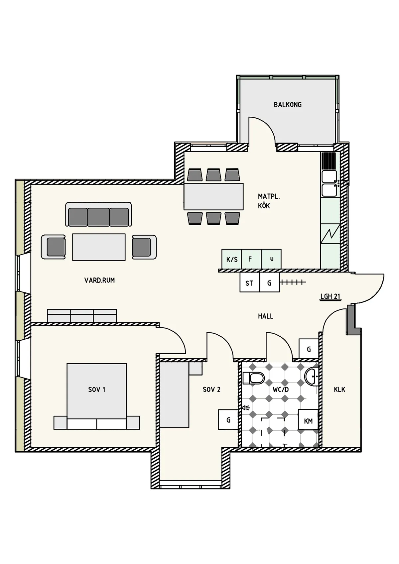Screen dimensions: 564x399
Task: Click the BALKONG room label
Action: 288,105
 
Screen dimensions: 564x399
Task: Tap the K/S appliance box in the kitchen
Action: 232,259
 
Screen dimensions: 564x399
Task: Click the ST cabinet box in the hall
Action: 249,283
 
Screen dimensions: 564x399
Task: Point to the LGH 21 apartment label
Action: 330,296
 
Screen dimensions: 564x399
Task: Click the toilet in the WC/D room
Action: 253,378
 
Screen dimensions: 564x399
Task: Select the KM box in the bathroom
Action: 308,421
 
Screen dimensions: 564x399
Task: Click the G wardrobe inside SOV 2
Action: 228,420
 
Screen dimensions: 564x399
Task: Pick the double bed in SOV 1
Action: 96,395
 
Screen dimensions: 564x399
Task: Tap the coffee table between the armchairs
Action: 99,247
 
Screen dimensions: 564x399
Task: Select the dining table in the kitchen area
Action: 213,196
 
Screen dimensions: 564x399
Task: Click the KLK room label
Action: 339,390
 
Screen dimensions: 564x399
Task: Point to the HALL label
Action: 265,316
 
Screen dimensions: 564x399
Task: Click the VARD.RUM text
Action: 99,280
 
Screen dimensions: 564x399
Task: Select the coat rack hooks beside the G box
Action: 293,282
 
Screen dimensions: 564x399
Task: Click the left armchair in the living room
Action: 54,247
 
